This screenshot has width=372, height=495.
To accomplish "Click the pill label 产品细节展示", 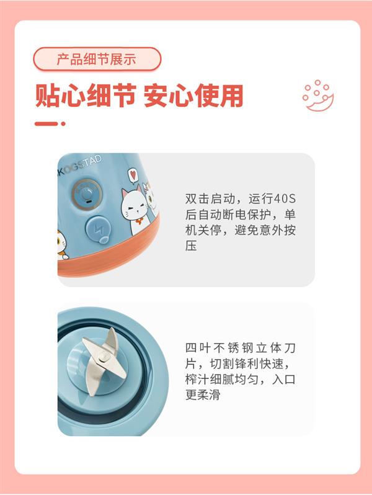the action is [x=97, y=59].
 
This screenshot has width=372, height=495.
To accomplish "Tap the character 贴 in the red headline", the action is [x=47, y=96].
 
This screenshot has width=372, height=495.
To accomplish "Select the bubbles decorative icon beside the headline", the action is [x=317, y=96].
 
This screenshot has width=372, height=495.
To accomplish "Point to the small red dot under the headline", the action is [x=63, y=124].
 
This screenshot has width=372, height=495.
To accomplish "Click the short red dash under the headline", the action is [x=46, y=124].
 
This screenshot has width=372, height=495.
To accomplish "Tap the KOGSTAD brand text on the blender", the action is [x=79, y=166].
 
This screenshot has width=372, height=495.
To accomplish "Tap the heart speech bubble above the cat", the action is [x=133, y=176].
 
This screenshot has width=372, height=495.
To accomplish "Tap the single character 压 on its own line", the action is [x=191, y=245].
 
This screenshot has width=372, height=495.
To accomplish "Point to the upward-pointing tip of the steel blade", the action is [x=112, y=329].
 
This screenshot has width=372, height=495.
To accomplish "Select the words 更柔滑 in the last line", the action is [x=203, y=395].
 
